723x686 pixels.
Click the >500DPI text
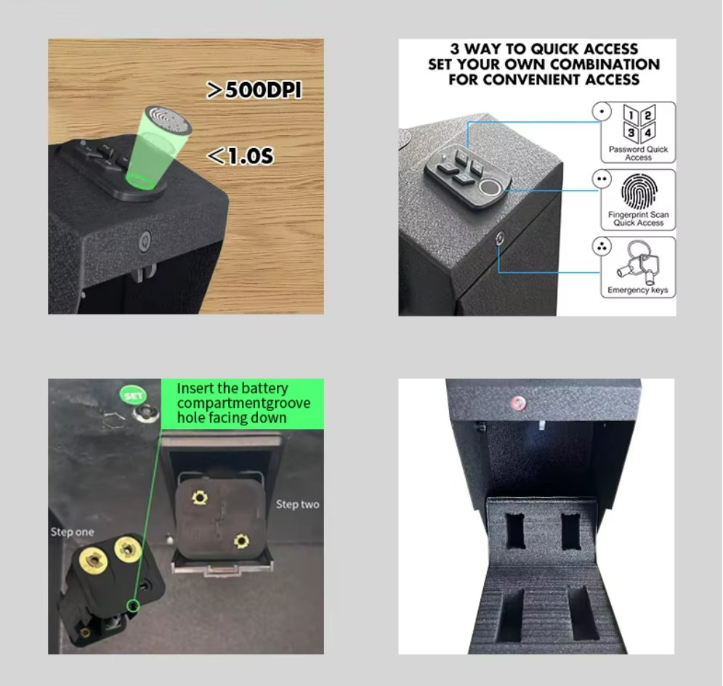(254, 90)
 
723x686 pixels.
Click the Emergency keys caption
(638, 290)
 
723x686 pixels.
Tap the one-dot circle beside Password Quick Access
(600, 113)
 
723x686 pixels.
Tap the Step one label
(72, 532)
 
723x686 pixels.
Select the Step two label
(297, 504)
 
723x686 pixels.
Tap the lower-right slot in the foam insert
(584, 613)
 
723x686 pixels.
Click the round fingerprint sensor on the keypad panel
(491, 188)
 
